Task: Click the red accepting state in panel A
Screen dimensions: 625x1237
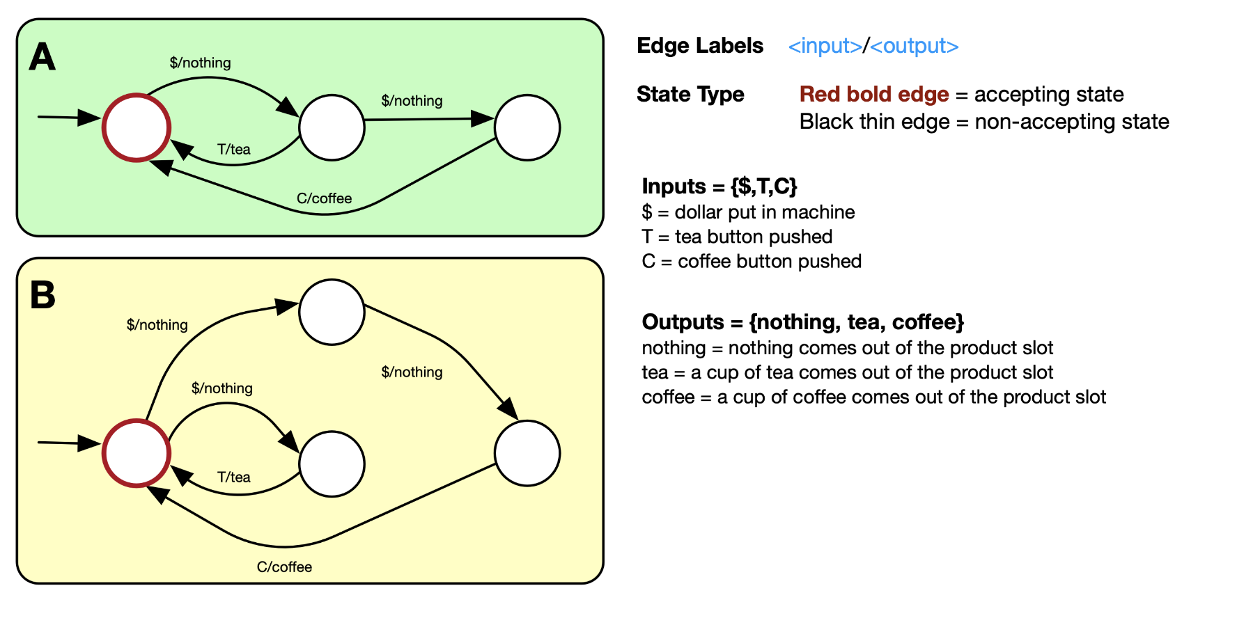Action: pyautogui.click(x=137, y=128)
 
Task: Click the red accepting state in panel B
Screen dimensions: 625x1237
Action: pyautogui.click(x=137, y=453)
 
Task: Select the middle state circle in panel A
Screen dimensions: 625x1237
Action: pyautogui.click(x=332, y=128)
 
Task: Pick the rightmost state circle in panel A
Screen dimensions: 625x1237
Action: pyautogui.click(x=527, y=128)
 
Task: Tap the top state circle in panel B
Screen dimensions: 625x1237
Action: pyautogui.click(x=332, y=312)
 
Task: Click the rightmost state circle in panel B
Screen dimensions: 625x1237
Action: pyautogui.click(x=527, y=453)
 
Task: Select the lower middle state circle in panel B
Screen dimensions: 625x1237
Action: pyautogui.click(x=332, y=464)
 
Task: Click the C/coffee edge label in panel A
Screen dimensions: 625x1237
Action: pyautogui.click(x=324, y=198)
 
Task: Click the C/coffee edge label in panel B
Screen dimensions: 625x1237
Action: pyautogui.click(x=284, y=567)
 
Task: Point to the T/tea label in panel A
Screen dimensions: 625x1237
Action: pyautogui.click(x=233, y=149)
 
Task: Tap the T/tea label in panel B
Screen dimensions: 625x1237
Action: pyautogui.click(x=233, y=477)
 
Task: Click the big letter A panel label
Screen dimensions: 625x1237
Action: pyautogui.click(x=42, y=57)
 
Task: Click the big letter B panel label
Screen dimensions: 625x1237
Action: pyautogui.click(x=42, y=295)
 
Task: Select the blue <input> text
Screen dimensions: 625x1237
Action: pyautogui.click(x=825, y=46)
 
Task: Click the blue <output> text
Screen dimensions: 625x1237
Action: pyautogui.click(x=914, y=46)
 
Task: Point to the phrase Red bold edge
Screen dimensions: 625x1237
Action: pyautogui.click(x=873, y=94)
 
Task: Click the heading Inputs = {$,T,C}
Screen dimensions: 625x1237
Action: pyautogui.click(x=719, y=186)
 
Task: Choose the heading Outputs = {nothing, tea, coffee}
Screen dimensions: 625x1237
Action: pyautogui.click(x=802, y=322)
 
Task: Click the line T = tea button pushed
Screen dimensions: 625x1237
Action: pyautogui.click(x=737, y=237)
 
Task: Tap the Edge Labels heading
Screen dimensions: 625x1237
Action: pyautogui.click(x=700, y=46)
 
